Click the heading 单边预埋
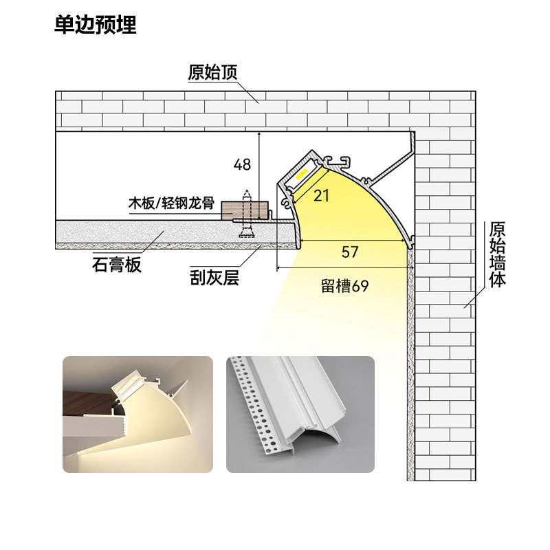tap(95, 25)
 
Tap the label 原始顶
tap(212, 71)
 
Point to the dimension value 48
tap(242, 164)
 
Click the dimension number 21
tap(321, 195)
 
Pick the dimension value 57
tap(350, 252)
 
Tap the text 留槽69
tap(345, 285)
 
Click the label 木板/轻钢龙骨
tap(172, 203)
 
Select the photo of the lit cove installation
tap(138, 415)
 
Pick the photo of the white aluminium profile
tap(300, 415)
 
